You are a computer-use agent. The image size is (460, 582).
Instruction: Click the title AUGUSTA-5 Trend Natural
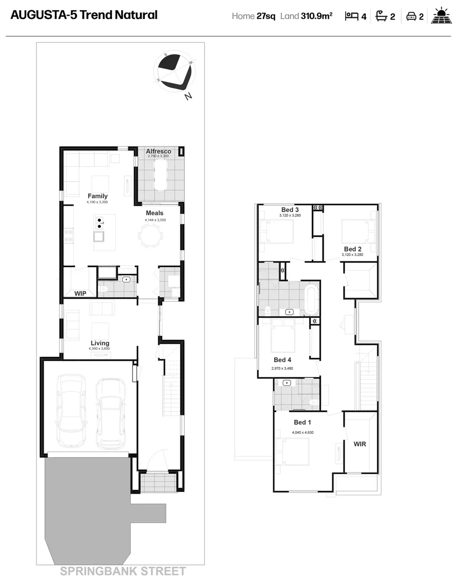(84, 15)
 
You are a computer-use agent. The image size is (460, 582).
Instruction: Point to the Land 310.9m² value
(306, 16)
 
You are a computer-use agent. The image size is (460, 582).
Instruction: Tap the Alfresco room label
(158, 151)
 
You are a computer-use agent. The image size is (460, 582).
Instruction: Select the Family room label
(97, 196)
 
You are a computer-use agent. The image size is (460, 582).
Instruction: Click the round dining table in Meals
(149, 235)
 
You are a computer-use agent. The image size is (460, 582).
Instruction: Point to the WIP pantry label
(80, 294)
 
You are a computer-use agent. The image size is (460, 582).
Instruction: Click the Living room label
(100, 343)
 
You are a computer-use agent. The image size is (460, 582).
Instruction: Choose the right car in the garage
(110, 413)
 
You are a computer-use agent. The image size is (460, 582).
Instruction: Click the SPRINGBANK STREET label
(123, 571)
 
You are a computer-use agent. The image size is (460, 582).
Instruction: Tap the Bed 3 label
(290, 210)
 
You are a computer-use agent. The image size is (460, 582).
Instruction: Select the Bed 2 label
(352, 249)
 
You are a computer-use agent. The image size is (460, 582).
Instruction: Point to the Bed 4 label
(282, 360)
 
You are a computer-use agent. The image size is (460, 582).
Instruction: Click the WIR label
(360, 445)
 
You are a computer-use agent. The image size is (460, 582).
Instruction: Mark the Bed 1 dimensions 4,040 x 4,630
(303, 433)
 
